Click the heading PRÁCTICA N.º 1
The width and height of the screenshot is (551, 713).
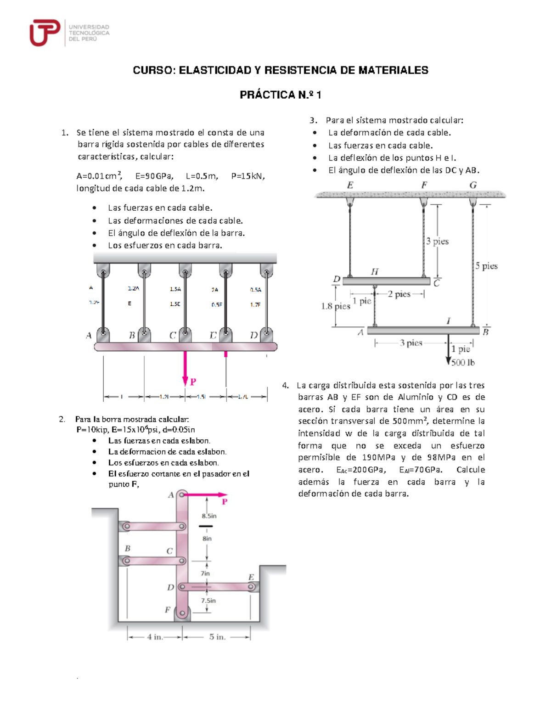(280, 95)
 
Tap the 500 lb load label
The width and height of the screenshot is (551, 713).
(463, 363)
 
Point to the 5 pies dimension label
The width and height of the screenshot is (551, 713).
(486, 266)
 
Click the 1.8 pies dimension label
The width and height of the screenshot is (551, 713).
(336, 306)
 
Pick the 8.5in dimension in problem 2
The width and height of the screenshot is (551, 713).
(209, 516)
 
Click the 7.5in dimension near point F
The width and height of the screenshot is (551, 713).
(208, 601)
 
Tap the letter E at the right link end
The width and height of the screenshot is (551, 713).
(251, 577)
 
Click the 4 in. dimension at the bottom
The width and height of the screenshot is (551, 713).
(155, 637)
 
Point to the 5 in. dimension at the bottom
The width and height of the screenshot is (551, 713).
(217, 637)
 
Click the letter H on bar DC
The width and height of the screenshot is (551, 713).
(375, 272)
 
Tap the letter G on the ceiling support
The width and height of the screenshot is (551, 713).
(473, 185)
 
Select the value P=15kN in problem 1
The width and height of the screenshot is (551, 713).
(248, 176)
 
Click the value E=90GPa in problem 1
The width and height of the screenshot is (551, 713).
(154, 176)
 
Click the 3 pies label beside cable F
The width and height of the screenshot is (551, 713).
(437, 241)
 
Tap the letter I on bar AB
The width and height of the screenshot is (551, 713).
(449, 321)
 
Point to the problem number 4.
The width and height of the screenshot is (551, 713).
(285, 385)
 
